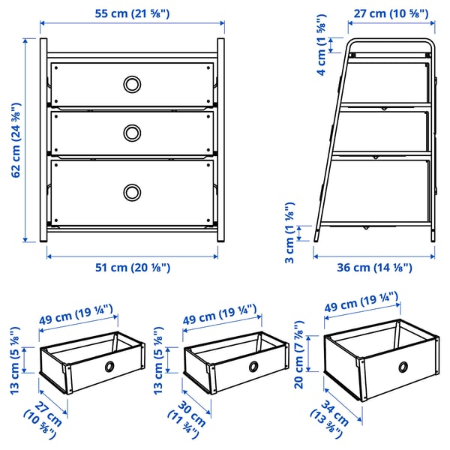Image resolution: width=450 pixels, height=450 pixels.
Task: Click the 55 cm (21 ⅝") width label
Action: pyautogui.click(x=132, y=13)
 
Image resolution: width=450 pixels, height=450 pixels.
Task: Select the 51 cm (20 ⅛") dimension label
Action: pyautogui.click(x=131, y=268)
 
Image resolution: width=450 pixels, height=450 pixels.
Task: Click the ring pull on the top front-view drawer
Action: pyautogui.click(x=131, y=82)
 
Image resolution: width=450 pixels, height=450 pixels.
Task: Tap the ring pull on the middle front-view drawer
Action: pyautogui.click(x=131, y=133)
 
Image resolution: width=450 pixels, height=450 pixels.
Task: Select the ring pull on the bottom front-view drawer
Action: pyautogui.click(x=131, y=192)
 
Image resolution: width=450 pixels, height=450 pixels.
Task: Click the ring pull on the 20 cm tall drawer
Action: pyautogui.click(x=404, y=367)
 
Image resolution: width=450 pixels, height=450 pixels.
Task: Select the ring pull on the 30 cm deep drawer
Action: pyautogui.click(x=253, y=367)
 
